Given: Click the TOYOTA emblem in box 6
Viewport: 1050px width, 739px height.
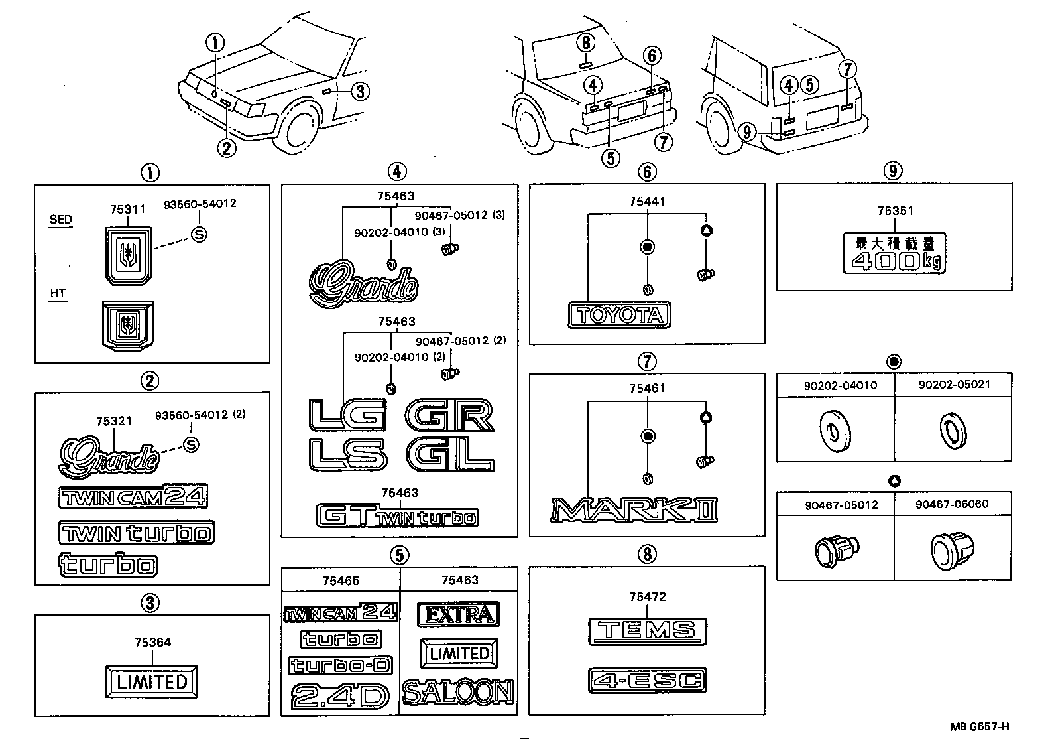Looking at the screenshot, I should [619, 315].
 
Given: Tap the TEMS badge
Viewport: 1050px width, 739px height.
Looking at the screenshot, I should [647, 631].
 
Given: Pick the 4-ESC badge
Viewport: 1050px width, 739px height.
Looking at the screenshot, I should [647, 681].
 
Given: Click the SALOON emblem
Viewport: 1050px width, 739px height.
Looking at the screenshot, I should [458, 693].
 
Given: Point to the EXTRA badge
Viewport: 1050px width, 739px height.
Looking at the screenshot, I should [458, 614].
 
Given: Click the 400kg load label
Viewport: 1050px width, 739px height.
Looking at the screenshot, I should [893, 253].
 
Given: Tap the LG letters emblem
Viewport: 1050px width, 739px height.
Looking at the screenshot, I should [347, 415].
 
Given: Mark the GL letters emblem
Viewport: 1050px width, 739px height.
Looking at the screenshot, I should [450, 455].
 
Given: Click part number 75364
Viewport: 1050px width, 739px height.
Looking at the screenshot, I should [152, 642].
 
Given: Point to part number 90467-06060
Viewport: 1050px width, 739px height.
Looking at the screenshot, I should [952, 504].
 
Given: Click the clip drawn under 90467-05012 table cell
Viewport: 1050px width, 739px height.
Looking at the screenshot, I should [836, 547].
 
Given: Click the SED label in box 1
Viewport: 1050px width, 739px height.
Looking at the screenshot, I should [60, 220].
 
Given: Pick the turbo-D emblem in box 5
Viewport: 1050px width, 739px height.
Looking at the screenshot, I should [340, 665].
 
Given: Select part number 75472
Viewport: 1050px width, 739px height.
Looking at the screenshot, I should [647, 596].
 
